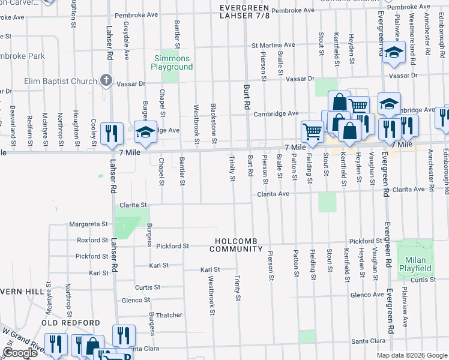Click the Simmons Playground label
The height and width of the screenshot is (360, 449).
click(172, 63)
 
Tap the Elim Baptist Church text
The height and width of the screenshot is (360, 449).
click(61, 82)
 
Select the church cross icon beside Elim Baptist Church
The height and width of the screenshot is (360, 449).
click(106, 80)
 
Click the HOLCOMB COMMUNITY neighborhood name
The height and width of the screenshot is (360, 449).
click(237, 245)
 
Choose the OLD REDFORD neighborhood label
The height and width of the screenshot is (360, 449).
click(71, 323)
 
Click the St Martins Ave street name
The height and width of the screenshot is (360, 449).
click(273, 45)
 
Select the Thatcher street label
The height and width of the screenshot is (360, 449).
click(169, 315)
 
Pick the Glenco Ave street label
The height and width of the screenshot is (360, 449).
click(367, 295)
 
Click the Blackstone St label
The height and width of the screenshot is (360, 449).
click(214, 123)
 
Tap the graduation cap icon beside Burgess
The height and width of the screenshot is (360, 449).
click(145, 132)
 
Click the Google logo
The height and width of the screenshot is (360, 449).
click(20, 353)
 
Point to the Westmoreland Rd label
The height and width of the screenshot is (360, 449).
click(411, 35)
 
